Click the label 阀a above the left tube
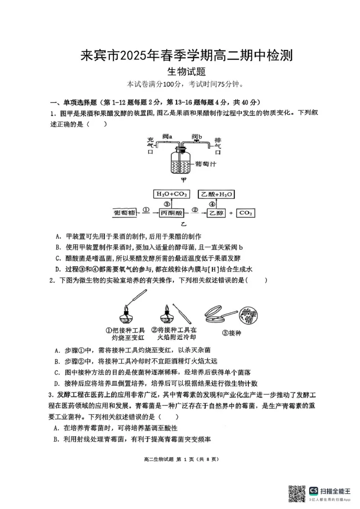pyautogui.click(x=168, y=136)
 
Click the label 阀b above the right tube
pyautogui.click(x=197, y=136)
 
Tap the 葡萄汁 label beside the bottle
pyautogui.click(x=207, y=164)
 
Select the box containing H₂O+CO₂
pyautogui.click(x=171, y=194)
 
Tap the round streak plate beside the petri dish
pyautogui.click(x=245, y=314)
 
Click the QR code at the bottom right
pyautogui.click(x=297, y=492)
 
